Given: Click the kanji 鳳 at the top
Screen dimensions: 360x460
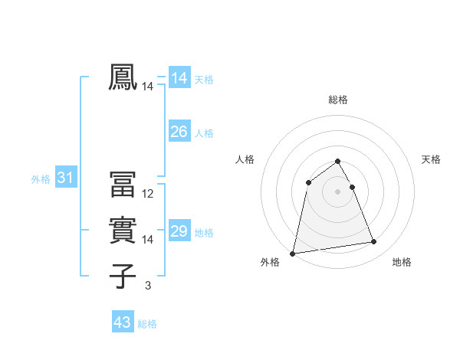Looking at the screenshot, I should [123, 78].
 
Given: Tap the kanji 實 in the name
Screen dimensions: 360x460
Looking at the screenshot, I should [123, 230].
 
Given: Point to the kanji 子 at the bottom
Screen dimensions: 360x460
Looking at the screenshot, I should [123, 275].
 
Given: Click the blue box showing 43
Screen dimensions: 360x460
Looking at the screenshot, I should [123, 322].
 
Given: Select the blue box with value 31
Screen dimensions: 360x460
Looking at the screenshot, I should [65, 178].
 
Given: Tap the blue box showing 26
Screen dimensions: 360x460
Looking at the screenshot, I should [179, 133].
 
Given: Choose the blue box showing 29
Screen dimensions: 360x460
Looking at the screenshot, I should [179, 231].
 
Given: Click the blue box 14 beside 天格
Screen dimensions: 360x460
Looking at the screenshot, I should [179, 78].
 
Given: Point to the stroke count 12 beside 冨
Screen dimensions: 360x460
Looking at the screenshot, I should [148, 194].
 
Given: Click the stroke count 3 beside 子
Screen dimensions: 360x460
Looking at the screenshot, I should [148, 286].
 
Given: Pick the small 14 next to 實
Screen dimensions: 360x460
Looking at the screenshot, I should [148, 240].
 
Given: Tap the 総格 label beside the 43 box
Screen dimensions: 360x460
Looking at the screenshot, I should [147, 324].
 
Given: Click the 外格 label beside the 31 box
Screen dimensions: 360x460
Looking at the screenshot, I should [41, 179].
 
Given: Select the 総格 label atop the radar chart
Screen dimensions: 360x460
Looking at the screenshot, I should [338, 100].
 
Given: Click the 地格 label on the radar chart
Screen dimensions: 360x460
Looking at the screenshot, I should [402, 262].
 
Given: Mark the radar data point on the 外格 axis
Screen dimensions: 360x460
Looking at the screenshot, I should [293, 253].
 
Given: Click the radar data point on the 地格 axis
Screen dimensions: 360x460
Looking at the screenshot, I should [374, 242].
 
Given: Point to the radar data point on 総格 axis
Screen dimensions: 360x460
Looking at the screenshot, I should [338, 161].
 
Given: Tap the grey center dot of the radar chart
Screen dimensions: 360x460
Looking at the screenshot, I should [338, 191].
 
